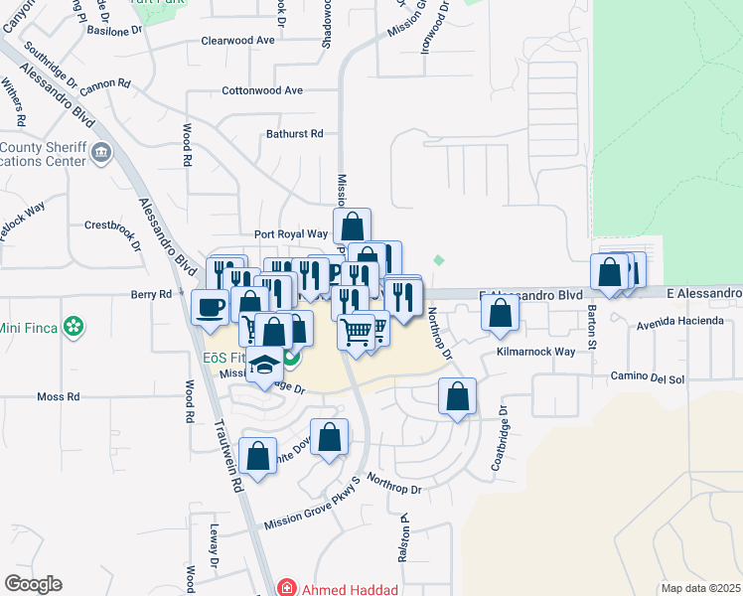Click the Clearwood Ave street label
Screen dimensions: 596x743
pyautogui.click(x=237, y=41)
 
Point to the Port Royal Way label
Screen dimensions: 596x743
pyautogui.click(x=290, y=234)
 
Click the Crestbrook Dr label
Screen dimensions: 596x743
pyautogui.click(x=109, y=225)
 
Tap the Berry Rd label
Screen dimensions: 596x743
pyautogui.click(x=152, y=294)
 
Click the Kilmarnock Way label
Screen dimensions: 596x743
pyautogui.click(x=535, y=353)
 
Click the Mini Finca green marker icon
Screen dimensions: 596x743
pyautogui.click(x=73, y=326)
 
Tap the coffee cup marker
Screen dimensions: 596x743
pyautogui.click(x=210, y=307)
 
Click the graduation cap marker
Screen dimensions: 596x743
pyautogui.click(x=266, y=365)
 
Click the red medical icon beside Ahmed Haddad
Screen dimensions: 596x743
pyautogui.click(x=287, y=588)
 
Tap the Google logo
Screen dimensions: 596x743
pyautogui.click(x=33, y=584)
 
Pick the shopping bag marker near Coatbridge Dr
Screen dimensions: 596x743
pyautogui.click(x=456, y=397)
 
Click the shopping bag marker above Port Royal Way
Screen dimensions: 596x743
pyautogui.click(x=353, y=226)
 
